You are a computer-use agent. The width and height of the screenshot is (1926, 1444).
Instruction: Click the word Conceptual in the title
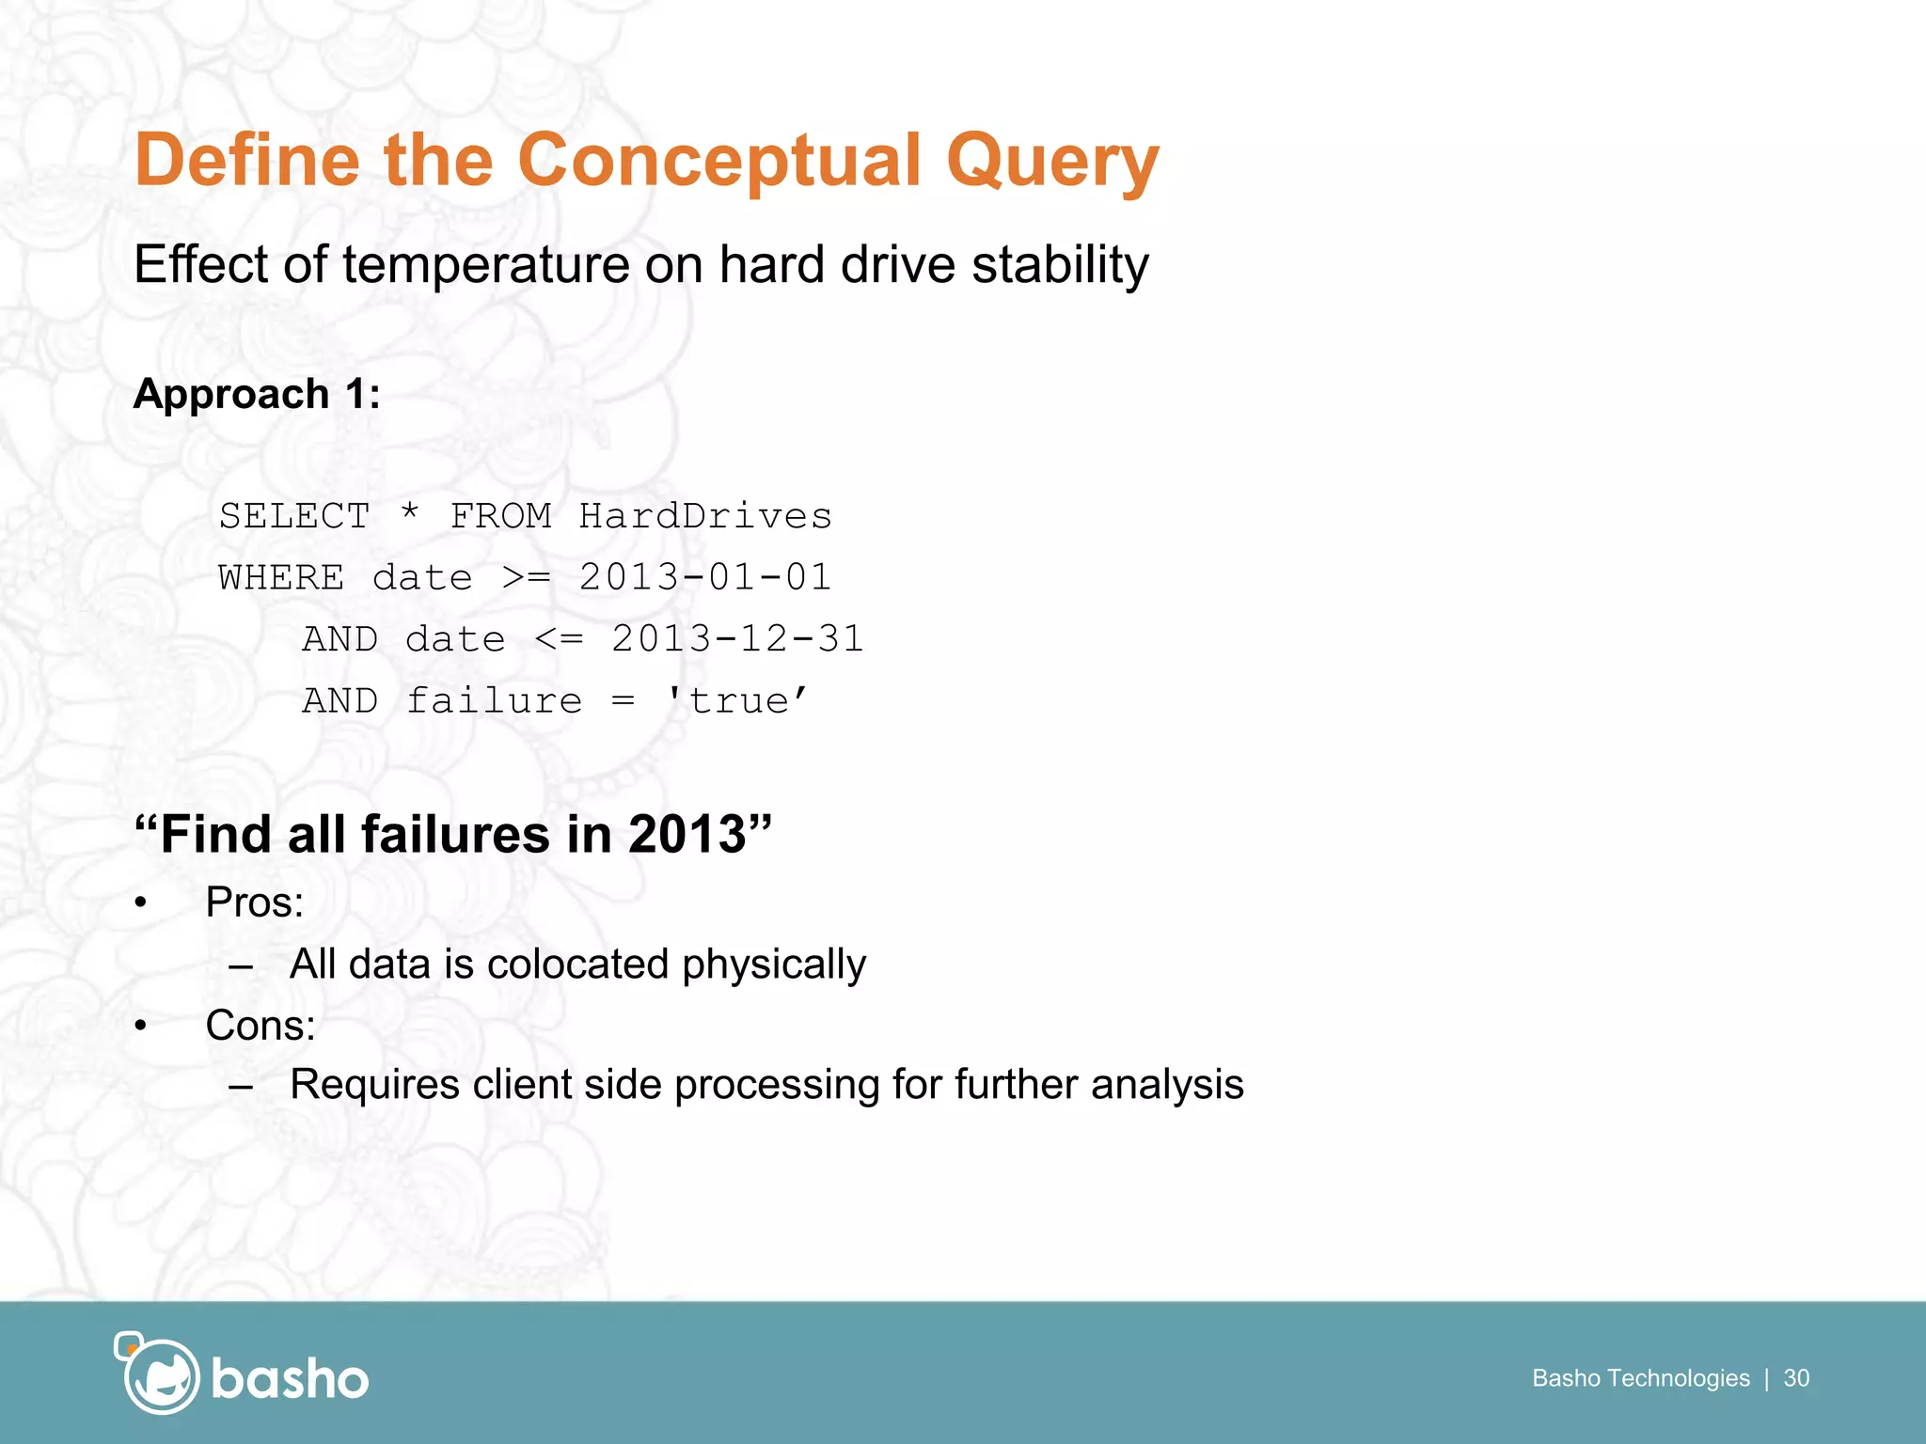click(718, 160)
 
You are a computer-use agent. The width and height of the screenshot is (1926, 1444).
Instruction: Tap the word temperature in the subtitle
click(487, 264)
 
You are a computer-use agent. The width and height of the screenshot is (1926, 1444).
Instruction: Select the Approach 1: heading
click(257, 394)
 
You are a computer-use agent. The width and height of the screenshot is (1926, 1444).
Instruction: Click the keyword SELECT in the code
click(294, 516)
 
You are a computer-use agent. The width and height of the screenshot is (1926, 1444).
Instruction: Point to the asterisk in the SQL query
click(409, 514)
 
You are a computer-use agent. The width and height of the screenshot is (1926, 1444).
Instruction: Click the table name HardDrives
click(705, 516)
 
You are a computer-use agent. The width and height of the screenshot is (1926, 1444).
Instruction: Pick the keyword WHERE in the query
click(281, 577)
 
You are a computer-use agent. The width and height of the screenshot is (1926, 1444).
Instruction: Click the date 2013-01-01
click(705, 577)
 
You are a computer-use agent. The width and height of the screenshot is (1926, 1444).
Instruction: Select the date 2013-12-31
click(737, 639)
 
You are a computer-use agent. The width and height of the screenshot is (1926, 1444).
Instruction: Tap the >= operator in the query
click(526, 577)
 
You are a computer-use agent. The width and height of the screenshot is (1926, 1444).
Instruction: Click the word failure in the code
click(494, 701)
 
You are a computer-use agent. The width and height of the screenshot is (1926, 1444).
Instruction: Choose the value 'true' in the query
click(737, 701)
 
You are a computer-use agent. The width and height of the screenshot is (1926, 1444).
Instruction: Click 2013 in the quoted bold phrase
click(687, 834)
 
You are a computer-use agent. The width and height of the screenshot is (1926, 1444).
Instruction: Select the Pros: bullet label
click(255, 902)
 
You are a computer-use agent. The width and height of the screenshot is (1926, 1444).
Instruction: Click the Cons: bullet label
click(260, 1025)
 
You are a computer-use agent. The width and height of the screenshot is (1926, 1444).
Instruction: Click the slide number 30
click(1796, 1378)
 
